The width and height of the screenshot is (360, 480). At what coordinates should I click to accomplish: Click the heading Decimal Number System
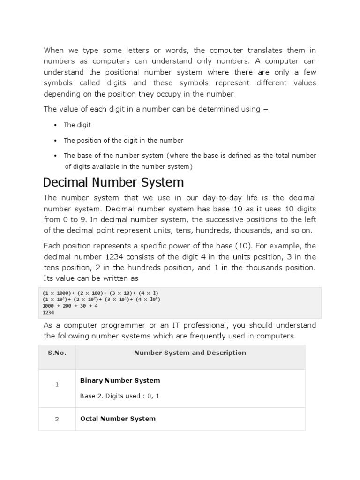(x=113, y=182)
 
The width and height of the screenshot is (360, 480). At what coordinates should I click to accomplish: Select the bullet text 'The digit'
(x=77, y=125)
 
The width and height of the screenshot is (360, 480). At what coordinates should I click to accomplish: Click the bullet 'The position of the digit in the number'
(x=123, y=140)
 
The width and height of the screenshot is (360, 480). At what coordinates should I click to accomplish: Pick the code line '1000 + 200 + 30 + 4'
(x=70, y=306)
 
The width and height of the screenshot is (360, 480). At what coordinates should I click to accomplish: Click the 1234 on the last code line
(x=48, y=312)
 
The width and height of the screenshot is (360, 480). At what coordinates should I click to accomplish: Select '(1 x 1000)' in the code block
(x=59, y=292)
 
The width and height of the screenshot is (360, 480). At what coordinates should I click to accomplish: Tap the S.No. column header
(x=57, y=353)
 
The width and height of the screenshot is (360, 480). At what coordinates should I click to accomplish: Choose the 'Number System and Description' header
(x=190, y=353)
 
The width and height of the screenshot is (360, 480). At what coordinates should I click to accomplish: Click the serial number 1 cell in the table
(x=57, y=384)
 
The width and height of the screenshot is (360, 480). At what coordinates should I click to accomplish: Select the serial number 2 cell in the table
(x=57, y=419)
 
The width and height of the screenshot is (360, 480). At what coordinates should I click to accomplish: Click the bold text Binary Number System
(x=120, y=380)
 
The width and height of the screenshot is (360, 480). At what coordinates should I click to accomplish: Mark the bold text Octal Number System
(x=118, y=419)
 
